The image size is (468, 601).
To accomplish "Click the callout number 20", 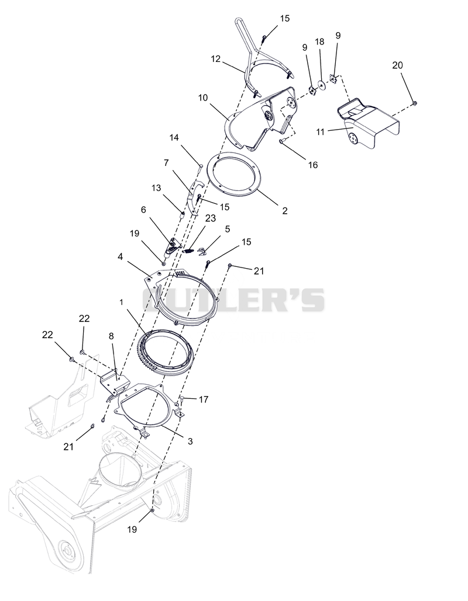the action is pyautogui.click(x=397, y=65).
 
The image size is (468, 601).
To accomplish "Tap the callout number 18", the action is pyautogui.click(x=320, y=42).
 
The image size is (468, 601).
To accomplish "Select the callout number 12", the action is pyautogui.click(x=216, y=58).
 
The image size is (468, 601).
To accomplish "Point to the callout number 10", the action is pyautogui.click(x=203, y=98).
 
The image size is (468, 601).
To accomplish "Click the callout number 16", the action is pyautogui.click(x=313, y=165).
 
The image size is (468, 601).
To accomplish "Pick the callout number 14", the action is pyautogui.click(x=174, y=137).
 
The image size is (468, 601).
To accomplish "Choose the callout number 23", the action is pyautogui.click(x=211, y=218).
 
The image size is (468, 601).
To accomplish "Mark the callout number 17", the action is pyautogui.click(x=204, y=399).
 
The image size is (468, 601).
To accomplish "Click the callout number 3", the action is pyautogui.click(x=190, y=441).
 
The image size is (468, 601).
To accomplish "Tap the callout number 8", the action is pyautogui.click(x=111, y=336).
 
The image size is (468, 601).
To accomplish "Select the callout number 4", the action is pyautogui.click(x=120, y=256).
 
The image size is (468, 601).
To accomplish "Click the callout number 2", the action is pyautogui.click(x=284, y=211).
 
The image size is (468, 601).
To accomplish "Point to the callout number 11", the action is pyautogui.click(x=321, y=132).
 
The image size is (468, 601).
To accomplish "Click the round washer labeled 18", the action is pyautogui.click(x=321, y=85).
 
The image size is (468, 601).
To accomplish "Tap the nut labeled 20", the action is pyautogui.click(x=415, y=103).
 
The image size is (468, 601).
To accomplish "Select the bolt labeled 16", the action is pyautogui.click(x=282, y=141).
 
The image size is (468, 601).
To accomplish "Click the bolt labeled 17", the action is pyautogui.click(x=182, y=399).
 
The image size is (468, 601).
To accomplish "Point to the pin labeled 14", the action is pyautogui.click(x=201, y=165).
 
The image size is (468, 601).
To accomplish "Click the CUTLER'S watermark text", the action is pyautogui.click(x=234, y=300).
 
